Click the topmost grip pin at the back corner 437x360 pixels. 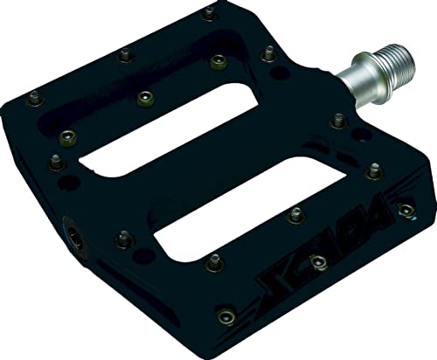208,14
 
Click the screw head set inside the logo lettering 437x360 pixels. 318,260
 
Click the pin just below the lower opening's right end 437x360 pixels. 295,211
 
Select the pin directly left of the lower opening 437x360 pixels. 123,236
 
